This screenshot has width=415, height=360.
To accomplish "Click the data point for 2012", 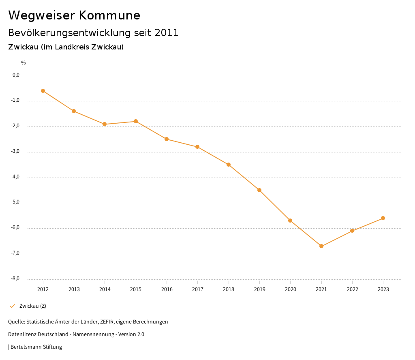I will pos(43,91).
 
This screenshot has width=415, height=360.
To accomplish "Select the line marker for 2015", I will pos(136,121).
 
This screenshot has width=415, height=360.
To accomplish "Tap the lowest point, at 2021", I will pos(321,246).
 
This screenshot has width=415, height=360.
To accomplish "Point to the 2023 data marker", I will pos(383,218).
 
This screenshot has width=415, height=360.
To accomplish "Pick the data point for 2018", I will pos(229,165).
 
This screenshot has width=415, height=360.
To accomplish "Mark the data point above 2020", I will pos(290,221).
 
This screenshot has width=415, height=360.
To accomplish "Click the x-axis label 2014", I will pos(105,289).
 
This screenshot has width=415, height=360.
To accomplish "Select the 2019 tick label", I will pos(259,289).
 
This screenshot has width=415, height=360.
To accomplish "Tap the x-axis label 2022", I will pos(352,289).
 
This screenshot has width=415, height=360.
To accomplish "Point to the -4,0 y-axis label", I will pos(16,177).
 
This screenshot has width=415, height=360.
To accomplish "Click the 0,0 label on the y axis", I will pos(16,75).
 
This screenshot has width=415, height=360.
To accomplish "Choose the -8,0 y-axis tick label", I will pos(16,279).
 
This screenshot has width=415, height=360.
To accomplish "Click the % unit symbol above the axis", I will pos(24,63).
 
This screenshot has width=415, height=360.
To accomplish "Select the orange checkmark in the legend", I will pos(12,306).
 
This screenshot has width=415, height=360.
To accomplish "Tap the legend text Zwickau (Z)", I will pos(33,306).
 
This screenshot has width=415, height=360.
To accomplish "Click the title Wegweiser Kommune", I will pos(74,15).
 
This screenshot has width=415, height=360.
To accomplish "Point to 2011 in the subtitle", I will pos(167,33).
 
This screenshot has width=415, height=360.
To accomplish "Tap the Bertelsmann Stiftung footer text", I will pos(36,347).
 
